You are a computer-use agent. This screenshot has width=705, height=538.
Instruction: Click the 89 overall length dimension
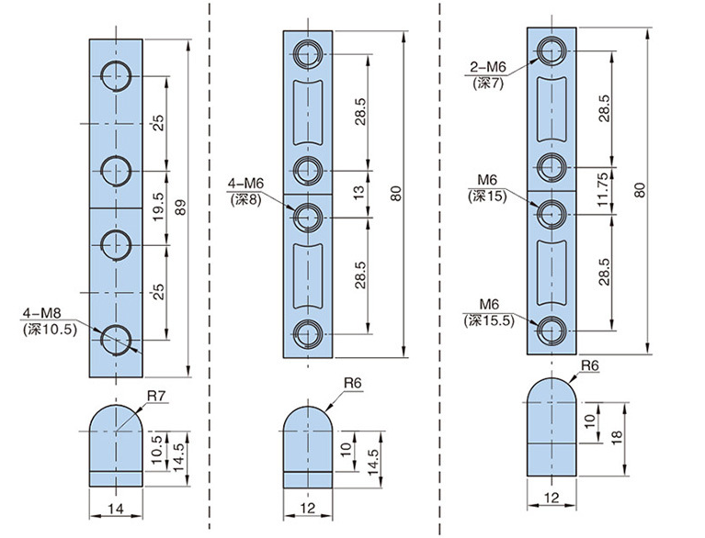pyautogui.click(x=181, y=207)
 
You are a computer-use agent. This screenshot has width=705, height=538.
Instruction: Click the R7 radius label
pyautogui.click(x=157, y=397)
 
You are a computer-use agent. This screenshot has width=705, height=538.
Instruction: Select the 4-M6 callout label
pyautogui.click(x=243, y=184)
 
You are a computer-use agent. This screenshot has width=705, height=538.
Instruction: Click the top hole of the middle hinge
pyautogui.click(x=308, y=53)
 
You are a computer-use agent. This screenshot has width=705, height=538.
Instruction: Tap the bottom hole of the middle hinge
pyautogui.click(x=308, y=334)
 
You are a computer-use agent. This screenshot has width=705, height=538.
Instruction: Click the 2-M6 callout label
pyautogui.click(x=489, y=69)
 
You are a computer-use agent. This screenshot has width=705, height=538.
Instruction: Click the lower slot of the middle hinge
pyautogui.click(x=308, y=274)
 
